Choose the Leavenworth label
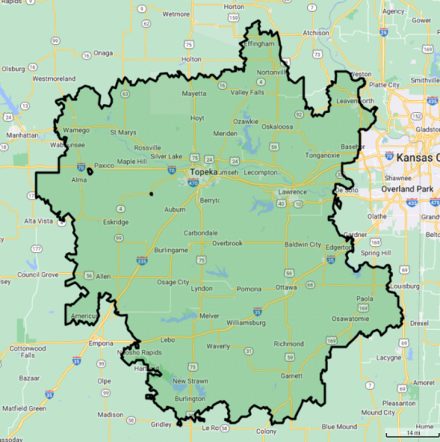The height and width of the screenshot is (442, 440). (x=354, y=101)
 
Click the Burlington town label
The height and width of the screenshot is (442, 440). (x=190, y=398)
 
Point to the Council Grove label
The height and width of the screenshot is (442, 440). (x=38, y=274)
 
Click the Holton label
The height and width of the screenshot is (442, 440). (x=191, y=58)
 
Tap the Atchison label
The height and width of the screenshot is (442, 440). (x=316, y=33)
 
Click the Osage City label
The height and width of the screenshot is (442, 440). (x=173, y=282)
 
